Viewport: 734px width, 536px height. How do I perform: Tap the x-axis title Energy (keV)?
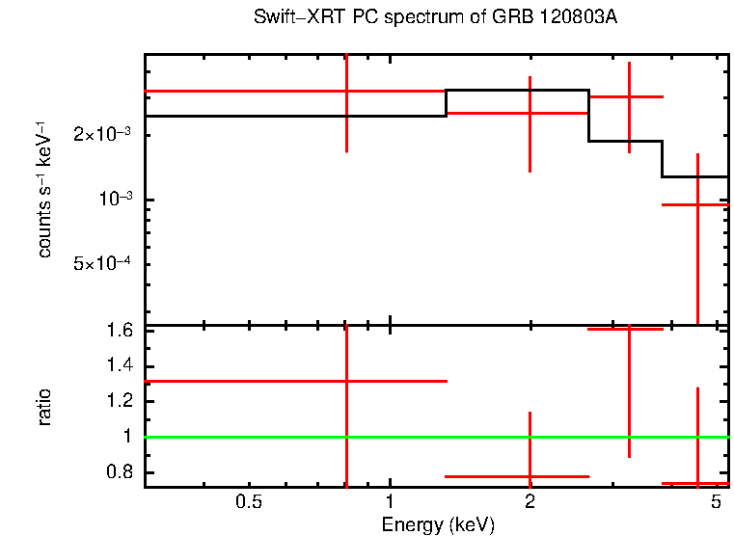point(438,525)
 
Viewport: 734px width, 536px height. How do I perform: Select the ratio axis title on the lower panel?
point(44,407)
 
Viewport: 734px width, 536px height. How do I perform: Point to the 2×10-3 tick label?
point(102,135)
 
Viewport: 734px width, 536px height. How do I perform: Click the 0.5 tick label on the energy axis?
point(250,503)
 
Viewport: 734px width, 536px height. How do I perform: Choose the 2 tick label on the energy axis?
point(530,503)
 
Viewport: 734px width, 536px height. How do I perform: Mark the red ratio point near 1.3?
point(346,381)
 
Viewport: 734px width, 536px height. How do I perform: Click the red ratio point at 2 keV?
point(530,476)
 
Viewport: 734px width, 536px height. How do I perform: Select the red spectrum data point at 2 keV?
point(530,113)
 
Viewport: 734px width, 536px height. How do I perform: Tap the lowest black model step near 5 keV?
point(694,176)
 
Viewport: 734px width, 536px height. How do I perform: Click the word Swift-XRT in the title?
point(289,17)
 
